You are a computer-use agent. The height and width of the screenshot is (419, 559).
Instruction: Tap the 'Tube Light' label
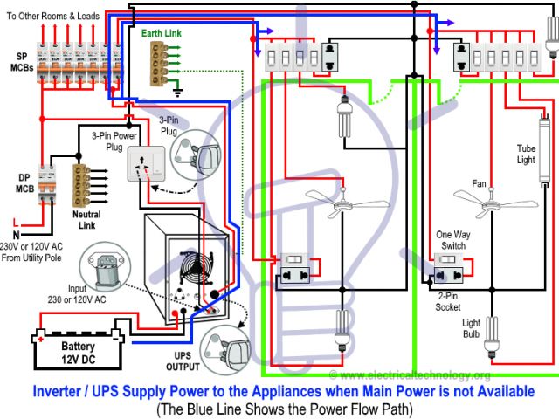525,154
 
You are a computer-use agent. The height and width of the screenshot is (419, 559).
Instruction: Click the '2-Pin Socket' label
448,301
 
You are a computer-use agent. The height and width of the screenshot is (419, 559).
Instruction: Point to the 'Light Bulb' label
471,327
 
